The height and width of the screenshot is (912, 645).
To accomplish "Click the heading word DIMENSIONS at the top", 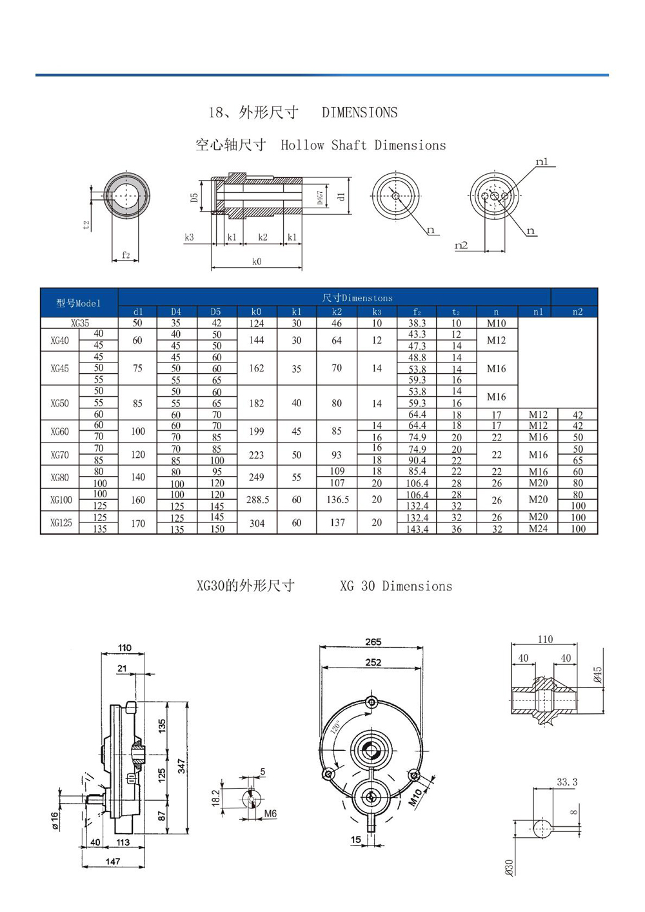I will (x=359, y=112).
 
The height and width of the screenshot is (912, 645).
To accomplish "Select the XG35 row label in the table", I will (x=80, y=323).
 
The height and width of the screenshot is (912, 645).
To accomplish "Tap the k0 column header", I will (x=256, y=312).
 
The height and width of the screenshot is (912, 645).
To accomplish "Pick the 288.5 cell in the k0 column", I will (x=257, y=499).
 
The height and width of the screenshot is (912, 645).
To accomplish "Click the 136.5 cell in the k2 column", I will (x=337, y=499).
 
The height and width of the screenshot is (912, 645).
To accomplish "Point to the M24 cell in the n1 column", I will (x=538, y=528).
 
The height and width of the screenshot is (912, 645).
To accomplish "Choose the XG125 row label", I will (x=61, y=522).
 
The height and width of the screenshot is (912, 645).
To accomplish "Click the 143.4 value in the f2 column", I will (x=417, y=529).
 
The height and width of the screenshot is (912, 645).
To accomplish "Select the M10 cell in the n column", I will (x=496, y=323).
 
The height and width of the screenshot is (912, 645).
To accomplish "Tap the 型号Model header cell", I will (x=79, y=303).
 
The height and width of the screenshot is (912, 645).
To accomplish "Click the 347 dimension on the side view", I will (x=182, y=766).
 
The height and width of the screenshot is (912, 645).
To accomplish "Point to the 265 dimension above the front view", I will (x=373, y=642).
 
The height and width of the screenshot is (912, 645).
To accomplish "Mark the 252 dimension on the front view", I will (x=373, y=662).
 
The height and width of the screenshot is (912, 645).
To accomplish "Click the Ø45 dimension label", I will (x=597, y=675).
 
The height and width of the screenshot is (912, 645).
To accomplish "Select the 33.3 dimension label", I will (x=567, y=782).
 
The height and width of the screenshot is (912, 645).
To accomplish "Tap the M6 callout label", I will (x=270, y=814).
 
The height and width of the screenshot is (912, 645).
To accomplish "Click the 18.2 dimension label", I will (x=216, y=798).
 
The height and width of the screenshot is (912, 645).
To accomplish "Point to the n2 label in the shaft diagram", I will (x=461, y=245).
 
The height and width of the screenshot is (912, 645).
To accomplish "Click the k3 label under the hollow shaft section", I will (x=189, y=237).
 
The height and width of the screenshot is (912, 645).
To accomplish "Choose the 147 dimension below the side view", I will (x=113, y=861).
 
